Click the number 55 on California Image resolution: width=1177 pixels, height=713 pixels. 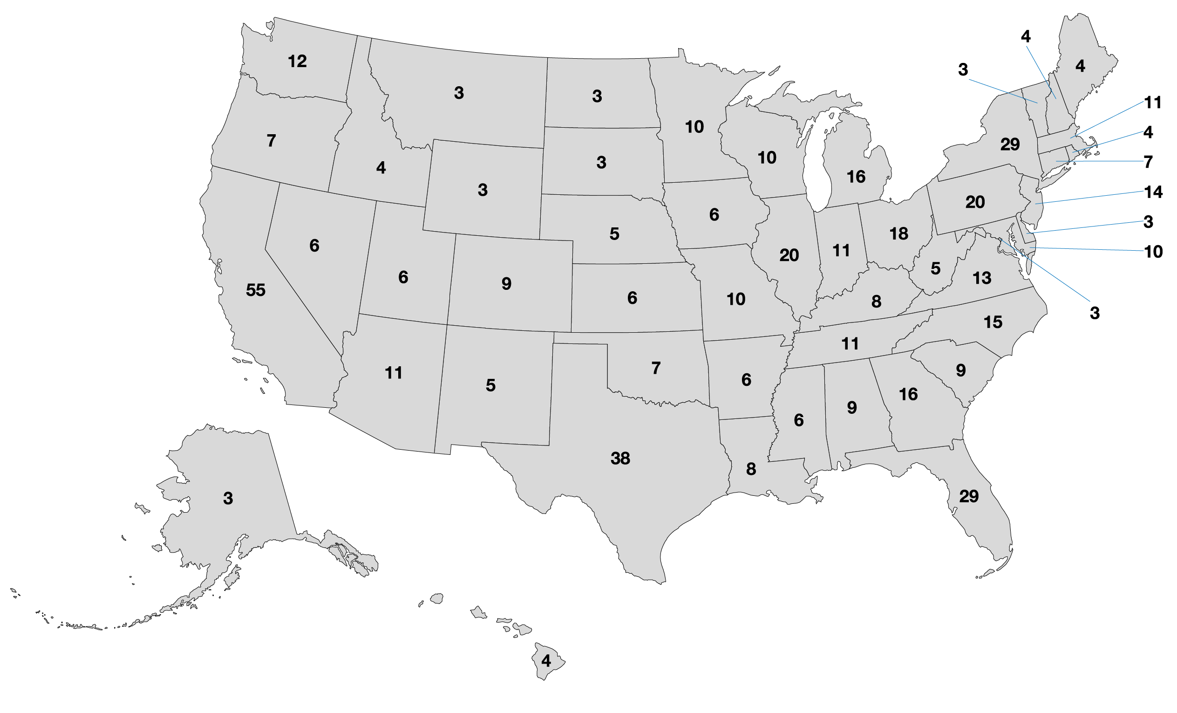pos(256,290)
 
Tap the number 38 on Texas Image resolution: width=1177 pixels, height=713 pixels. pos(620,458)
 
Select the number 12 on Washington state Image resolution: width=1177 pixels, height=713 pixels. pos(297,61)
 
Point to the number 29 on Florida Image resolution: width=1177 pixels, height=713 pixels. pos(969,496)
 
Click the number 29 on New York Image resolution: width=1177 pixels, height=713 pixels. pos(1010,144)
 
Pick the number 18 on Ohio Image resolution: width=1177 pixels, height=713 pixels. pos(898,233)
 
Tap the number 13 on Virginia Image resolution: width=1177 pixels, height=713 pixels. pos(982,278)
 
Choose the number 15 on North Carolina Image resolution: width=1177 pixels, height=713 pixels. pos(993,322)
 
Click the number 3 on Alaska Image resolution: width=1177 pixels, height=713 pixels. pos(228,499)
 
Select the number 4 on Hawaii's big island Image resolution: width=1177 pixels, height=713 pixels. pos(546,661)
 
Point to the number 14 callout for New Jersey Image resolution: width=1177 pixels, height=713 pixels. pos(1153,192)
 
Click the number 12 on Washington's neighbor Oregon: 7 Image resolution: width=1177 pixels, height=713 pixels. pos(271,140)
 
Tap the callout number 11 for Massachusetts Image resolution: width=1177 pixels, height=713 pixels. pos(1153,102)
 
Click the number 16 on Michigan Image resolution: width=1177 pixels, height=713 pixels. pos(856,177)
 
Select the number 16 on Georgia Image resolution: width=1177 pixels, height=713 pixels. pos(908,394)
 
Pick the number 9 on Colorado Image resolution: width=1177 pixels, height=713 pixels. pos(506,284)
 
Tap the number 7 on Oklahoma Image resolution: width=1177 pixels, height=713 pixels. pos(656,368)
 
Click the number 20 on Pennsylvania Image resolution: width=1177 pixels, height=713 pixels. pos(975,202)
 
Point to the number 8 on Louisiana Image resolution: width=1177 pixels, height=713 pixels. pos(751,469)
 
